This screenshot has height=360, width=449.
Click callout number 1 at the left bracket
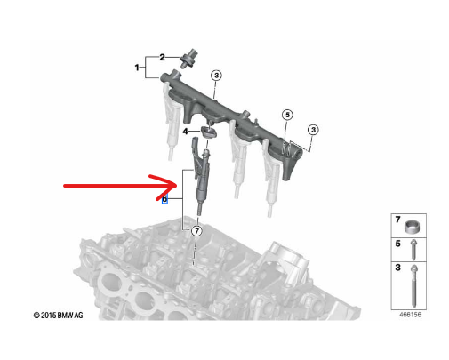tap(137, 68)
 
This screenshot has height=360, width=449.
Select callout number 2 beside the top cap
tap(162, 57)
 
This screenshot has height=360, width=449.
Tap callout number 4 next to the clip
tap(185, 132)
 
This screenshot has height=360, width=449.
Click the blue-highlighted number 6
tap(164, 200)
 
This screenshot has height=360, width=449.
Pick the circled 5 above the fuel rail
tap(286, 115)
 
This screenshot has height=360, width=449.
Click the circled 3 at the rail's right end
tap(314, 130)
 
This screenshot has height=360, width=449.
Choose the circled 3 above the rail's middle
tap(215, 76)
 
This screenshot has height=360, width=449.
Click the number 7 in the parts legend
tap(397, 219)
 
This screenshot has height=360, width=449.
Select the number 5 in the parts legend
tap(397, 242)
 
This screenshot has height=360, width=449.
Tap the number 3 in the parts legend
tap(397, 266)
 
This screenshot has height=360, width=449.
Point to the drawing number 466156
tap(410, 315)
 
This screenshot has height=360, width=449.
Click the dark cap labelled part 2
tap(188, 60)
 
